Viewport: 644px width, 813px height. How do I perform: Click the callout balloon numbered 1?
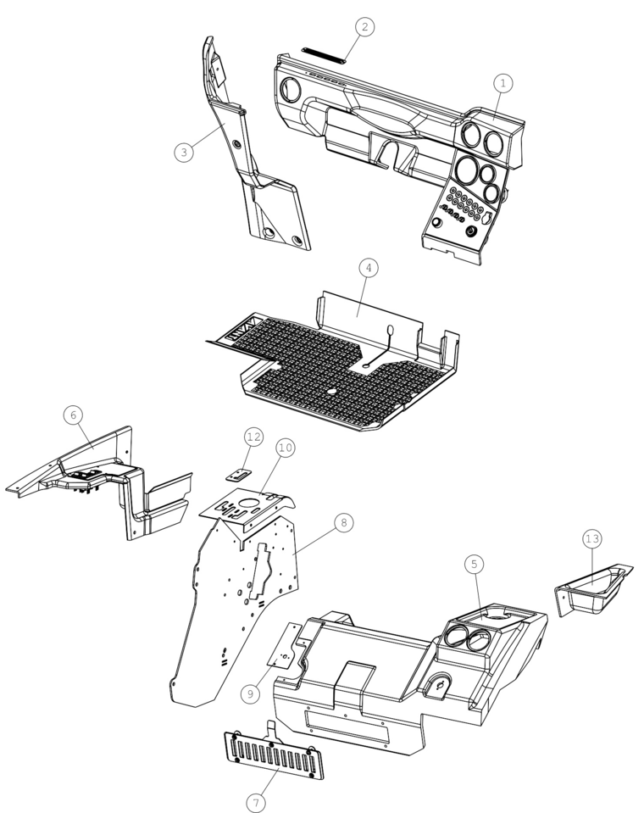502,83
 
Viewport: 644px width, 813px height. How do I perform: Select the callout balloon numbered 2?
364,27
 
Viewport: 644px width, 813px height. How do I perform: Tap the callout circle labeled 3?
184,152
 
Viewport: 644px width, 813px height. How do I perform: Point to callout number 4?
369,268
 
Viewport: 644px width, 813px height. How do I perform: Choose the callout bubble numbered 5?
474,564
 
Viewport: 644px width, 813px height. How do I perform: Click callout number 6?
73,415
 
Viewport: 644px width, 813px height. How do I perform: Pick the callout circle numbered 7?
255,803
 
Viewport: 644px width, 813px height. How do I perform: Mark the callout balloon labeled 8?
344,522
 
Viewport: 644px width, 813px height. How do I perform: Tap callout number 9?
250,693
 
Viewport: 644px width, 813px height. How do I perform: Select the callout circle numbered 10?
286,448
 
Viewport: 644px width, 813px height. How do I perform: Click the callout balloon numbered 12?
253,437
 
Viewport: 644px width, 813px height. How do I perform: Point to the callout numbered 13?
592,538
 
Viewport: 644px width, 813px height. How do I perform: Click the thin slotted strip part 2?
324,55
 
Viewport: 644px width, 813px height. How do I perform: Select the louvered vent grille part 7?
274,755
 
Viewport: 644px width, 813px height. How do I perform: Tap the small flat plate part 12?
239,475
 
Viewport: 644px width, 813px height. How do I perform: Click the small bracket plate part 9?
285,646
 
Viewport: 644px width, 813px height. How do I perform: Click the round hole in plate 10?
249,503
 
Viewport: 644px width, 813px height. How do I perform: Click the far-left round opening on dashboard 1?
290,90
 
